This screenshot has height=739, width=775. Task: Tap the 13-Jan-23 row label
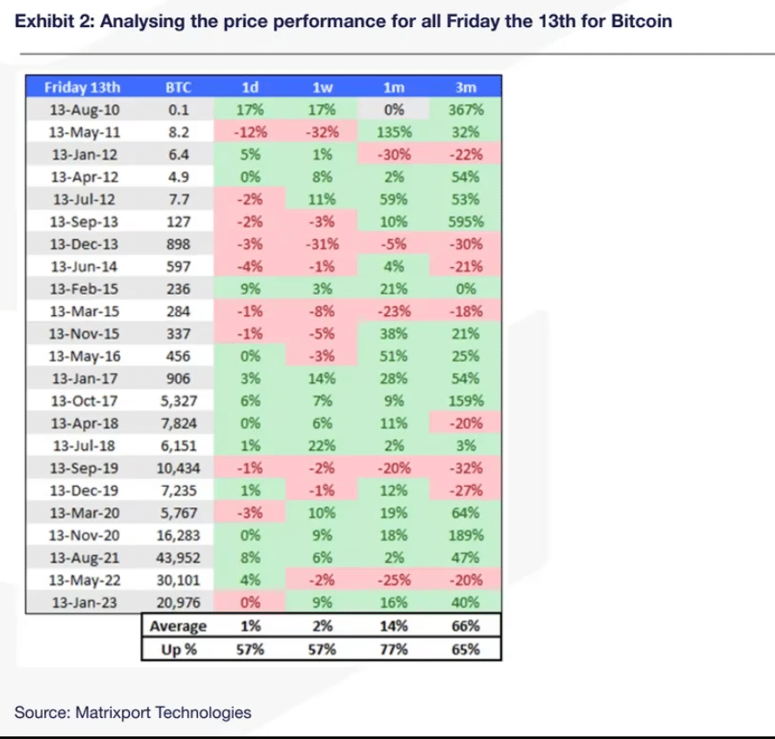pyautogui.click(x=84, y=602)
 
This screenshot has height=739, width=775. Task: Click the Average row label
pyautogui.click(x=178, y=626)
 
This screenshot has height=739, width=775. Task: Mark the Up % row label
pyautogui.click(x=178, y=648)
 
